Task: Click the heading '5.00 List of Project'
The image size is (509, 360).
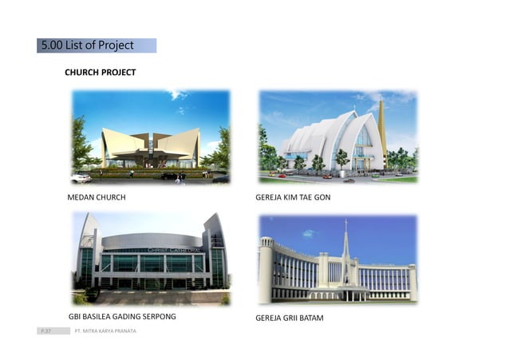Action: pyautogui.click(x=88, y=45)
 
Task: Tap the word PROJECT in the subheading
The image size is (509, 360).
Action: pyautogui.click(x=118, y=73)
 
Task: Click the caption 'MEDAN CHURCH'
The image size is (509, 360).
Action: pyautogui.click(x=96, y=196)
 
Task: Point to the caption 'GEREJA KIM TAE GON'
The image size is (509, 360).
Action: pyautogui.click(x=293, y=196)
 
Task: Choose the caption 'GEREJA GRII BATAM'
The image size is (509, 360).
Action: pyautogui.click(x=289, y=318)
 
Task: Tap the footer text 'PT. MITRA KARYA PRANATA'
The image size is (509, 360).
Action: pyautogui.click(x=105, y=330)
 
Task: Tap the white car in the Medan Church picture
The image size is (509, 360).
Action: pyautogui.click(x=81, y=178)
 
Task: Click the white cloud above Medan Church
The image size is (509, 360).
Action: pyautogui.click(x=177, y=95)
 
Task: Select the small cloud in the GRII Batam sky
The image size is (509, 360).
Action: pyautogui.click(x=307, y=234)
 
